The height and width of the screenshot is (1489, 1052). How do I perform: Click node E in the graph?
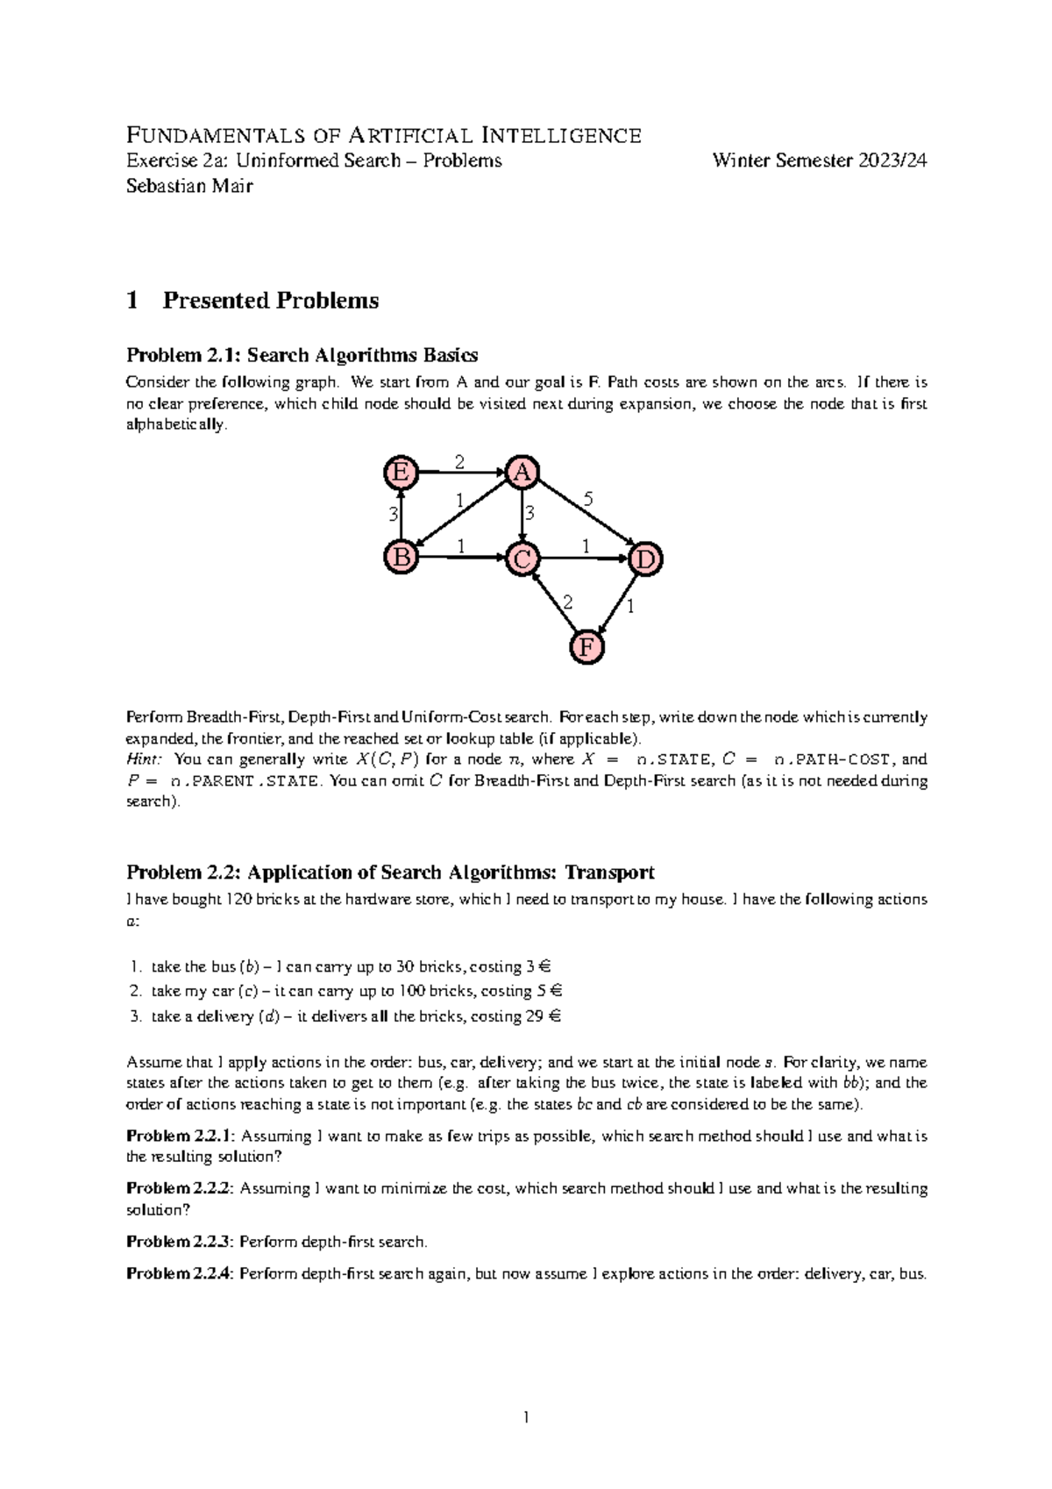click(401, 472)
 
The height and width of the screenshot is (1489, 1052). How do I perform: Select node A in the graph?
click(522, 472)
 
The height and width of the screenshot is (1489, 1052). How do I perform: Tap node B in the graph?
click(401, 557)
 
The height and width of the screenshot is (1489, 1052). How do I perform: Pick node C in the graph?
click(522, 559)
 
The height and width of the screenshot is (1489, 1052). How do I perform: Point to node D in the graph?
click(645, 559)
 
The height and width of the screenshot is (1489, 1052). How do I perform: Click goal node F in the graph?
click(586, 647)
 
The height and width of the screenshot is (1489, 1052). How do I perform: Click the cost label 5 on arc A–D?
click(588, 499)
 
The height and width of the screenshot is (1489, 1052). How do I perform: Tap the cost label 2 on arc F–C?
click(567, 602)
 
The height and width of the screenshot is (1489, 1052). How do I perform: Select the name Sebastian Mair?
click(189, 185)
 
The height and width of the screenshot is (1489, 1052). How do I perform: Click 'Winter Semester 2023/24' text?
click(820, 160)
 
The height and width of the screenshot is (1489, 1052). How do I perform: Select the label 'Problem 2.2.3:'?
click(180, 1242)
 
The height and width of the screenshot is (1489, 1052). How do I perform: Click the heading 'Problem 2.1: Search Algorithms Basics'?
click(302, 355)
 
